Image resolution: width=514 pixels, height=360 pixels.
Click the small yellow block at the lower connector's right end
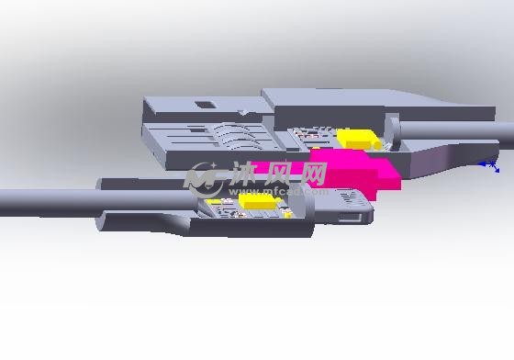click(288, 215)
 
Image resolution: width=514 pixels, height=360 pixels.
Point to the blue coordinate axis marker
click(490, 165)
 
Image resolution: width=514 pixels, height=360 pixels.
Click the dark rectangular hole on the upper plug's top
click(206, 105)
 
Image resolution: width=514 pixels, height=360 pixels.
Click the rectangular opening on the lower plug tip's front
click(350, 217)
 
